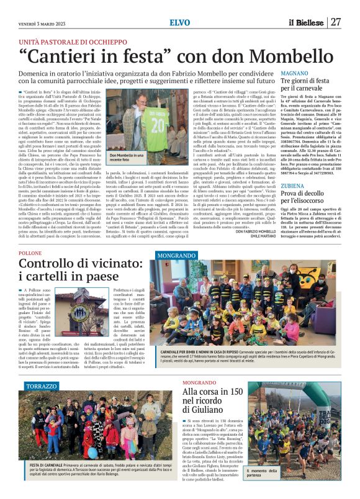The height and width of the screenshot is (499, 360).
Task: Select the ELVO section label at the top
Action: pyautogui.click(x=179, y=23)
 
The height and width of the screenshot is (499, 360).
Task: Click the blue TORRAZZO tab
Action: pyautogui.click(x=42, y=386)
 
